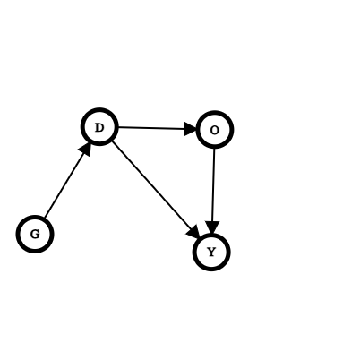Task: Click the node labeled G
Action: tap(35, 234)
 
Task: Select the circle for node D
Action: tap(99, 127)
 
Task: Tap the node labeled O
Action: tap(214, 130)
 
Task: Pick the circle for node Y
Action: tap(211, 253)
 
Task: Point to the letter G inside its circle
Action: tap(35, 235)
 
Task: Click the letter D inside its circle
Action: tap(99, 128)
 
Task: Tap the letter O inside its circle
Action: tap(214, 131)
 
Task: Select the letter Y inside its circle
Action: tap(211, 253)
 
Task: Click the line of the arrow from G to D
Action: tap(67, 180)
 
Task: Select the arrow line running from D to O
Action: tap(157, 128)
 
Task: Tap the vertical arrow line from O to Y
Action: tap(213, 191)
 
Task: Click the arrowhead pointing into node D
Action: tap(86, 149)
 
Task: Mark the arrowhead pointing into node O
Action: tap(190, 129)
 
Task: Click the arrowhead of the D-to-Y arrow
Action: tap(194, 232)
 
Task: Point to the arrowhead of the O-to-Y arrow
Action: tap(212, 227)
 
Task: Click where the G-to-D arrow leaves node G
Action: tap(44, 218)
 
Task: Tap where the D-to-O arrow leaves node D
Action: tap(118, 127)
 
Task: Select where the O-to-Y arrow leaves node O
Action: tap(214, 149)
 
